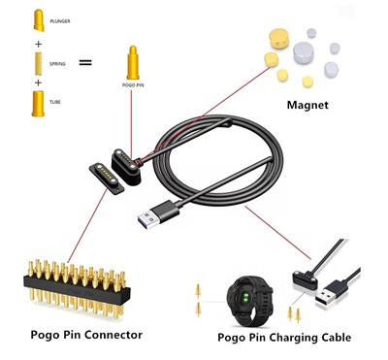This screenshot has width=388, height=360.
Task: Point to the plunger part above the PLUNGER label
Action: pos(39,17)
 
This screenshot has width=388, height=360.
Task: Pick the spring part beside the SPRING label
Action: pos(38,64)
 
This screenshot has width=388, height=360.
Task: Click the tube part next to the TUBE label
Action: pos(38,103)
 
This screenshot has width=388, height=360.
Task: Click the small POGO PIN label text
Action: pos(133,87)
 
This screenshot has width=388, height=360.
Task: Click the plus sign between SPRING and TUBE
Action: pos(38,83)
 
